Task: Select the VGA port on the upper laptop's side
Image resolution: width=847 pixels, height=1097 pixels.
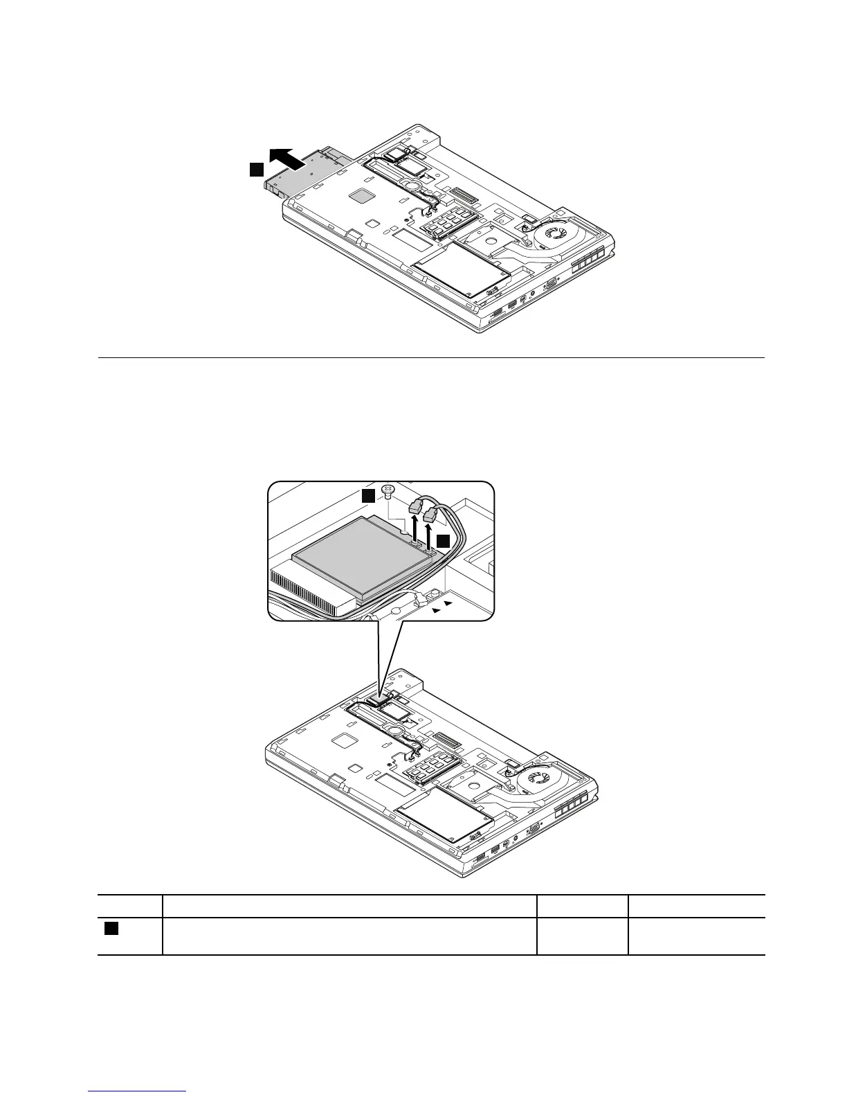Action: [552, 284]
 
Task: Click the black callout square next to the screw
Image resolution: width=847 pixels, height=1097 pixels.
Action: [369, 494]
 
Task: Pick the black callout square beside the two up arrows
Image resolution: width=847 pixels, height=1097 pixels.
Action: [443, 540]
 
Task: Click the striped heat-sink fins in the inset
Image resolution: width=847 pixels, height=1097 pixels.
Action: [304, 589]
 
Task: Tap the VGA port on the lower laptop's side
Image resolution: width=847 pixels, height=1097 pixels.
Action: [534, 828]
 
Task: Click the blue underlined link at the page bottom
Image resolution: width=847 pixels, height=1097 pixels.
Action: [138, 1091]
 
